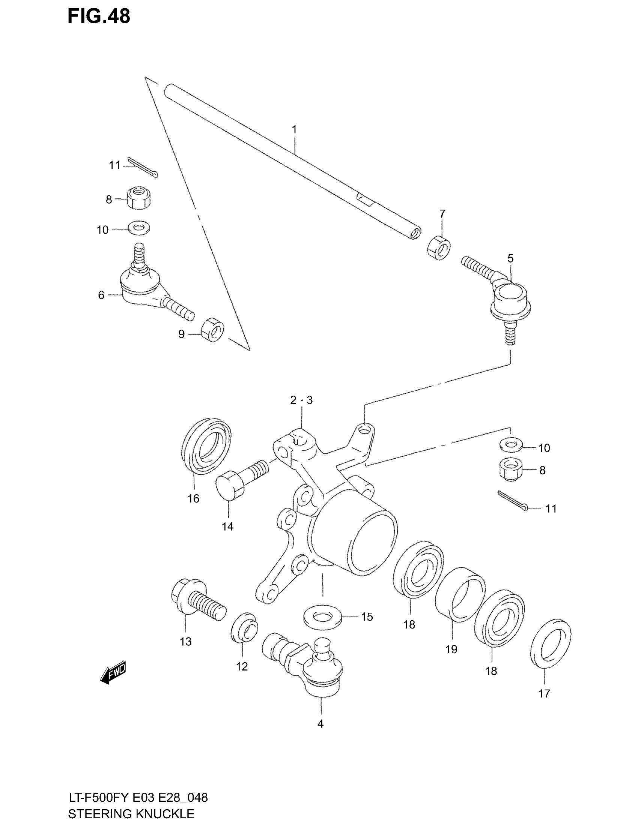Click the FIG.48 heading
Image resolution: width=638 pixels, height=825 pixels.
point(99,16)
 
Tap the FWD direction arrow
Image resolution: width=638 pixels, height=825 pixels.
point(113,673)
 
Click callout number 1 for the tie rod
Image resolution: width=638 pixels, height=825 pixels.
point(294,130)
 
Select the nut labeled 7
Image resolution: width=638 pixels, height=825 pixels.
point(439,247)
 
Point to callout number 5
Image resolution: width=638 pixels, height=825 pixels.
point(510,258)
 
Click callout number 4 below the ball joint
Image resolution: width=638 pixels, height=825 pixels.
point(321,724)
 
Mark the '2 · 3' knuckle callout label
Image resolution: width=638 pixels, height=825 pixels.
point(301,400)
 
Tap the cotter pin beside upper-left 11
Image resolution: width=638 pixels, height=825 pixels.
point(143,166)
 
